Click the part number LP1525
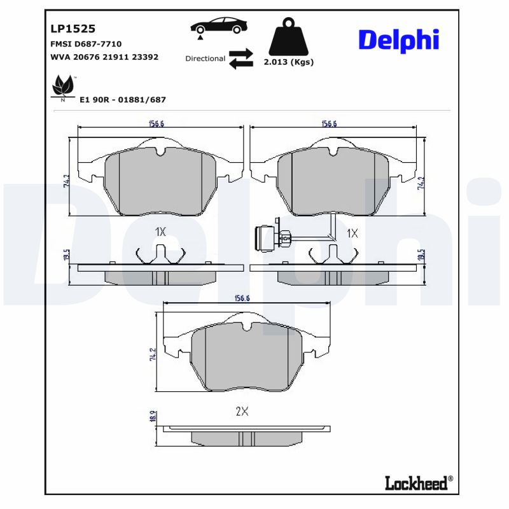[x=73, y=29]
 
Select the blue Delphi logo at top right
[x=399, y=40]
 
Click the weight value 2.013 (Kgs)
[x=288, y=62]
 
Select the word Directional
[x=205, y=59]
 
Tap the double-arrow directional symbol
[x=241, y=59]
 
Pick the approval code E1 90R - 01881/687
[x=122, y=100]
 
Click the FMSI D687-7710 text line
[x=85, y=44]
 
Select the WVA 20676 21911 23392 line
[x=104, y=57]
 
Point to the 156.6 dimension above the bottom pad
[x=242, y=298]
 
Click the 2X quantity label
[x=241, y=412]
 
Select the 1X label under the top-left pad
[x=160, y=232]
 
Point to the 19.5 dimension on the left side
[x=66, y=255]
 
